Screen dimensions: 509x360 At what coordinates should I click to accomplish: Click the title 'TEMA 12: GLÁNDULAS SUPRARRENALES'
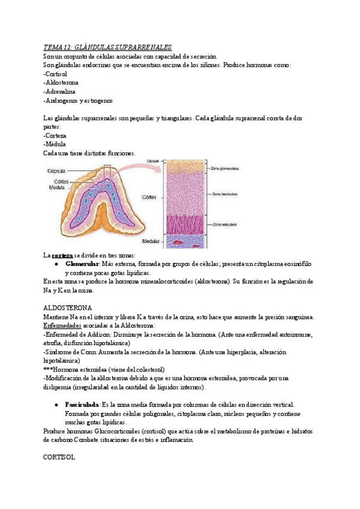[x=108, y=47]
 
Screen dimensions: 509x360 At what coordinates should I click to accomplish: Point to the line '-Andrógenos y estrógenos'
[x=78, y=100]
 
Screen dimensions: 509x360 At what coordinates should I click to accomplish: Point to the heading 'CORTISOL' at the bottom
[x=59, y=457]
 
